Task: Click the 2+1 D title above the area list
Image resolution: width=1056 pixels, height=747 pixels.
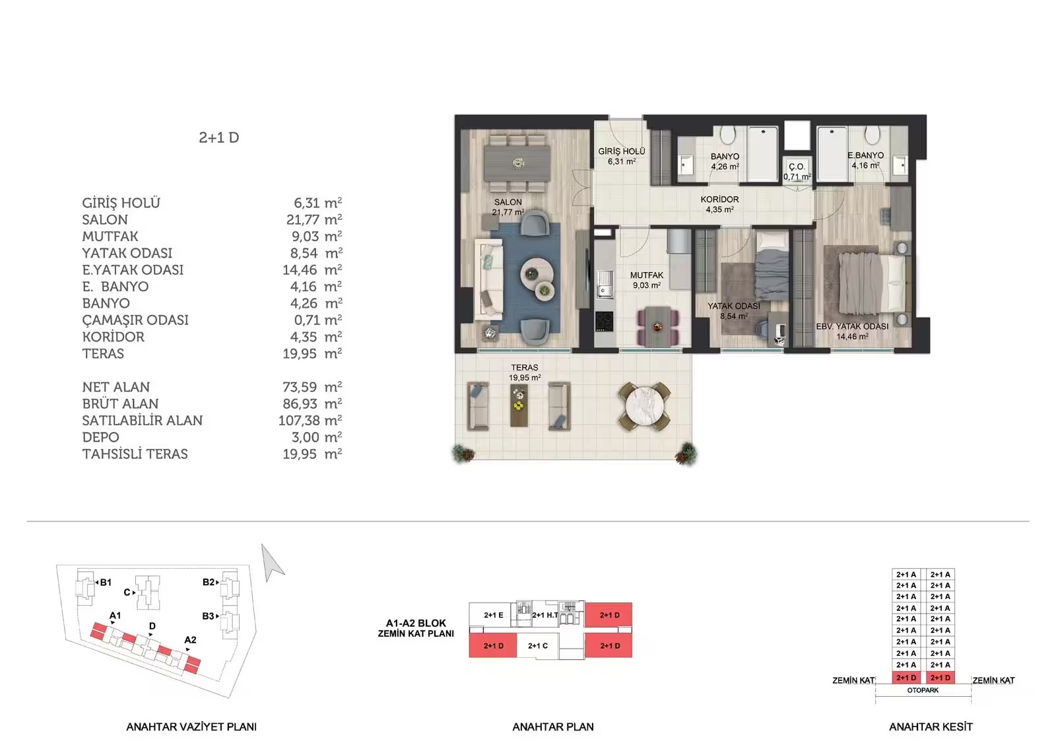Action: (218, 137)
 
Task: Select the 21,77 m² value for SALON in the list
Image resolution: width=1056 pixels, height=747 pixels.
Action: (313, 219)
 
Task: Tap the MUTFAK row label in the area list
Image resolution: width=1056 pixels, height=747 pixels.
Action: (110, 236)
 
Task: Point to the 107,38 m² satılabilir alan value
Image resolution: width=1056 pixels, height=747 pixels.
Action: (310, 420)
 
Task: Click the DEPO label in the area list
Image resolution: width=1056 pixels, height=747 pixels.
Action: (100, 437)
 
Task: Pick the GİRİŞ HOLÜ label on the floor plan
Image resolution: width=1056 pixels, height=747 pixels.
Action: (621, 151)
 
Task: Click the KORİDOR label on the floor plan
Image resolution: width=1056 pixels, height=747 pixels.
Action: (719, 199)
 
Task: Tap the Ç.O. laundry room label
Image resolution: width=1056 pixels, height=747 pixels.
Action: (797, 166)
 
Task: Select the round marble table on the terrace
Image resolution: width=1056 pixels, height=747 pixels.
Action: (644, 407)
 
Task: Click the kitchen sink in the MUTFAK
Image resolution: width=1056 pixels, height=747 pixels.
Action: (604, 284)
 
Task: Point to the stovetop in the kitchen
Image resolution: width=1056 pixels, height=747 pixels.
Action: (604, 322)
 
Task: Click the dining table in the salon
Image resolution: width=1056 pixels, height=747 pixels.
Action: (517, 163)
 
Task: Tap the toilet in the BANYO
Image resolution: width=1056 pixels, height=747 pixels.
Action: (728, 135)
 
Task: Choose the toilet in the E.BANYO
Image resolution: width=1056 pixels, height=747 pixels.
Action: (872, 135)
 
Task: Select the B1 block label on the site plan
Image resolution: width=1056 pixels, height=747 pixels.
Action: (106, 583)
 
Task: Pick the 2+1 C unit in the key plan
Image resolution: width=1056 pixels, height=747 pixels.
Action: (537, 645)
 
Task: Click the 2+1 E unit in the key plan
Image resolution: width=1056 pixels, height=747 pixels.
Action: (493, 615)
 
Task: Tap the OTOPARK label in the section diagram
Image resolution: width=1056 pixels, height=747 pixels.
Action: (923, 690)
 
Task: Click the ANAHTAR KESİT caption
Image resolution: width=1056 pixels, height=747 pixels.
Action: (931, 727)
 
